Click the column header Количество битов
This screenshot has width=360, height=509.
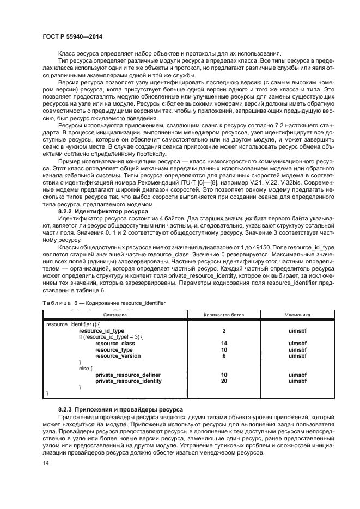224,315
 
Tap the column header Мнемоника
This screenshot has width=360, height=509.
297,315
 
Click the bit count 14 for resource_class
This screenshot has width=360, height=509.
224,343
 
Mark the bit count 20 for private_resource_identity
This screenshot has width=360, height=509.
224,381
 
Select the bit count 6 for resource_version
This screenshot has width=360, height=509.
224,355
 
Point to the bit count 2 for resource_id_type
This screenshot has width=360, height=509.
224,330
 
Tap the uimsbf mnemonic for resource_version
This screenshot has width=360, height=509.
297,355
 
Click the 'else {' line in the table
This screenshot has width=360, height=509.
86,369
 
